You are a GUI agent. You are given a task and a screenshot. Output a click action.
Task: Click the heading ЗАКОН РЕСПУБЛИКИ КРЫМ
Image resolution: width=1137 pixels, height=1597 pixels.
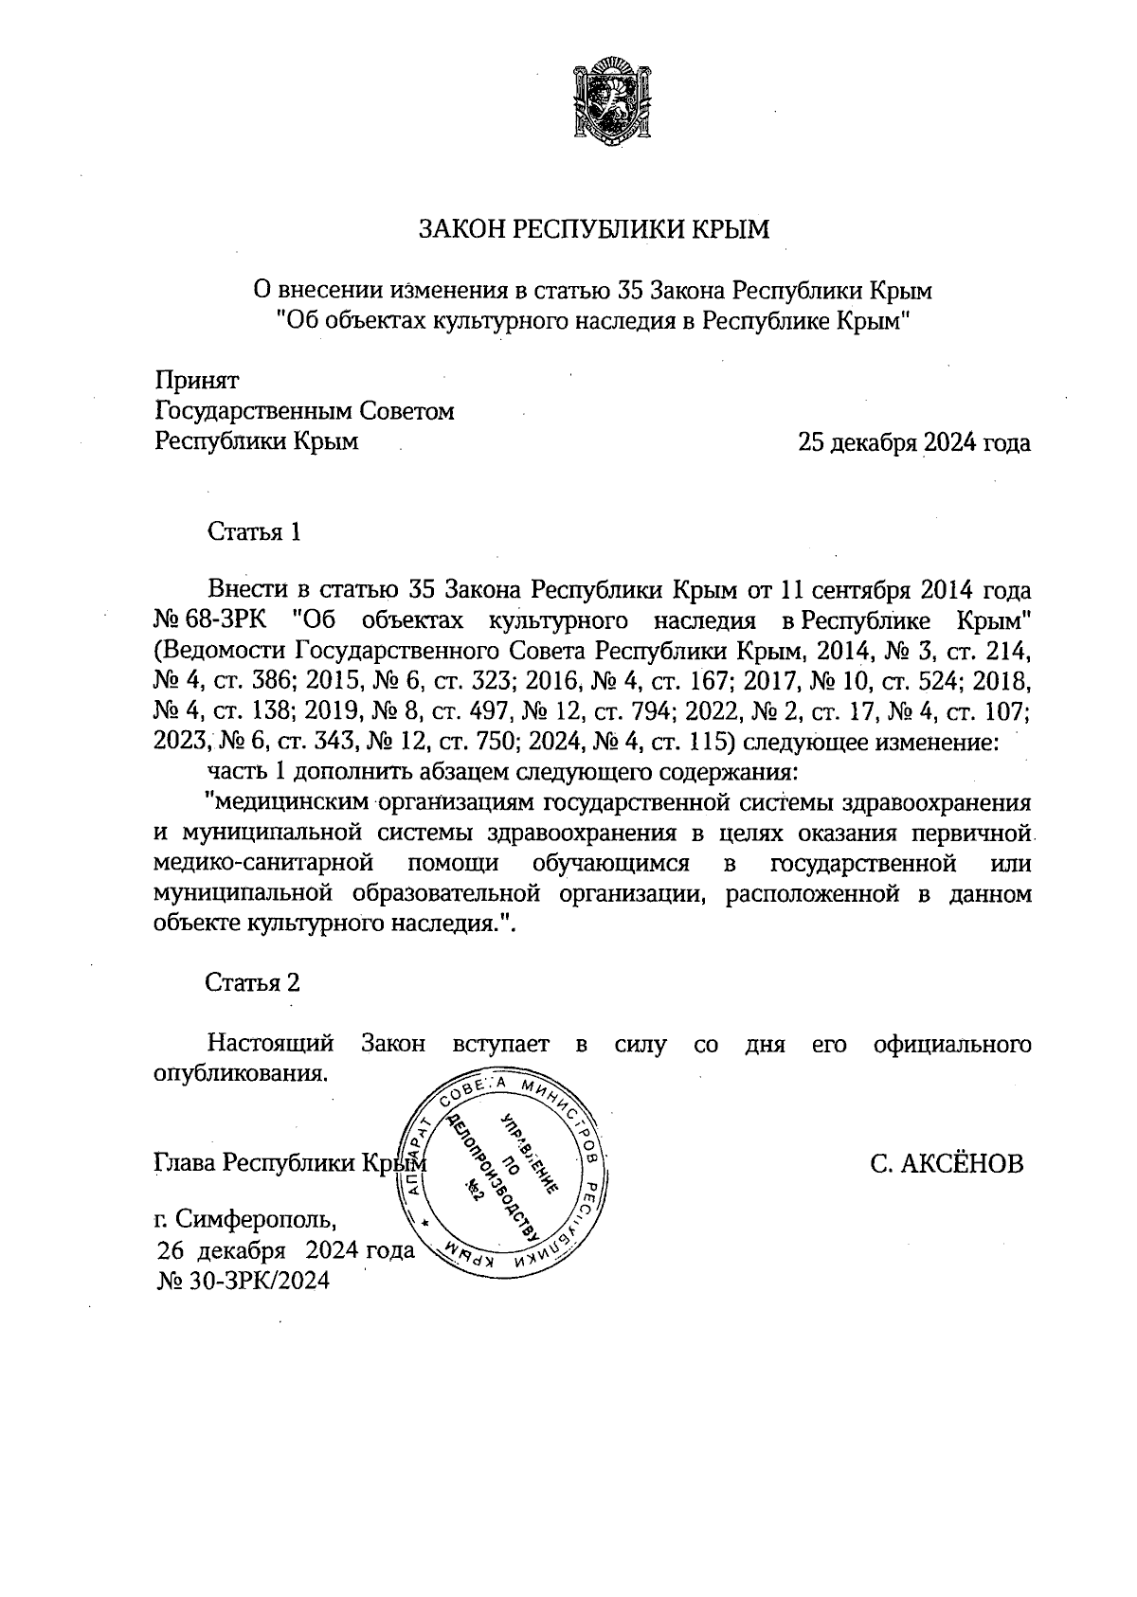pos(595,229)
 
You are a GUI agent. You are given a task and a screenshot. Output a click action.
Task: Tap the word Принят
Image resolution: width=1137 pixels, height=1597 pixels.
pos(197,381)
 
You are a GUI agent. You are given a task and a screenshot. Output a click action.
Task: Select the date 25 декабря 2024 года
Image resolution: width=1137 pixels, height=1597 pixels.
pos(913,442)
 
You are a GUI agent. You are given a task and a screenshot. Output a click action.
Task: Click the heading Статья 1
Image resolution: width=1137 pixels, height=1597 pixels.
pos(254,531)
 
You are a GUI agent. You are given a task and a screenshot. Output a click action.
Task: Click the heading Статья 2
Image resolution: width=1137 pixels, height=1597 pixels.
pos(253,982)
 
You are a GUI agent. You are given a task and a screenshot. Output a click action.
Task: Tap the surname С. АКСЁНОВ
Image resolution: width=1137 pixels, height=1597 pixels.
pos(947,1163)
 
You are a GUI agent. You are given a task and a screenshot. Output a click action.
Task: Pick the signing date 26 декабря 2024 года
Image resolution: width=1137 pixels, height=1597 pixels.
pos(285,1250)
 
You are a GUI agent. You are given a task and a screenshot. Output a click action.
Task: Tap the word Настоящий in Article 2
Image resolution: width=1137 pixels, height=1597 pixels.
pos(271,1044)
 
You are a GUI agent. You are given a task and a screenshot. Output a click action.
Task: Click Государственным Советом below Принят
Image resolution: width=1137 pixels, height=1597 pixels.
pos(304,411)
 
